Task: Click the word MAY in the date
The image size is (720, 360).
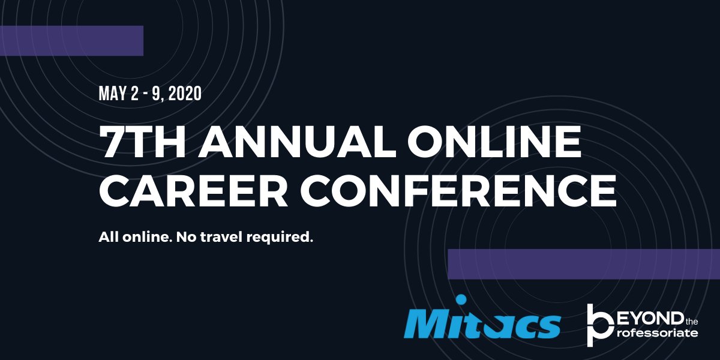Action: point(112,94)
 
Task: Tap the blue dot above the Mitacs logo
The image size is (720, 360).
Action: point(461,299)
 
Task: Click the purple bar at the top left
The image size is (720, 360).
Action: point(71,41)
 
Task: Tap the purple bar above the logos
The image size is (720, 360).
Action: point(583,264)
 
